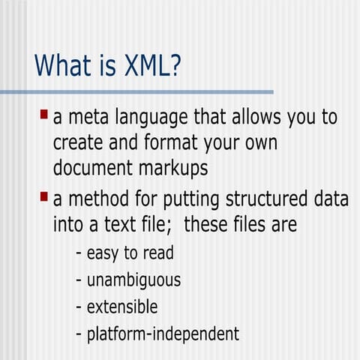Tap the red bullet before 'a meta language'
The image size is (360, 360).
click(44, 115)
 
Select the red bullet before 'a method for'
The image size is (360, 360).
click(44, 197)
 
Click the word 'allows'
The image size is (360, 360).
click(255, 118)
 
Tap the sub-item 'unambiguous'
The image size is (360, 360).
click(133, 280)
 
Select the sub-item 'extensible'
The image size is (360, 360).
click(121, 306)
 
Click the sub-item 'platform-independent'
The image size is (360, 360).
click(162, 333)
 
